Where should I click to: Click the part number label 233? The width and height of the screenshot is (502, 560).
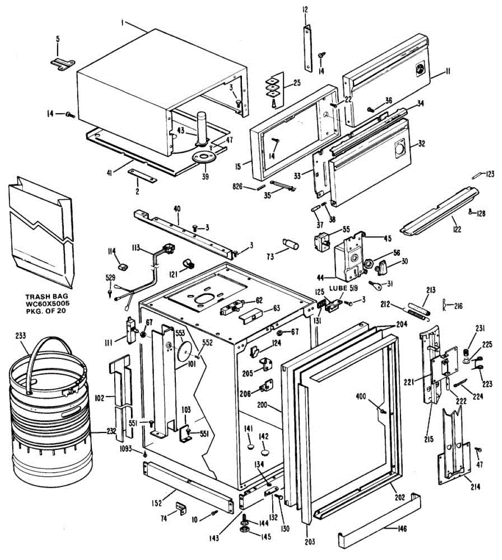point(21,335)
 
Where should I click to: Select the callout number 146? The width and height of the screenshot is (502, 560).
point(402,529)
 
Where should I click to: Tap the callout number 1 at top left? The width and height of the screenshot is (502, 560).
point(122,22)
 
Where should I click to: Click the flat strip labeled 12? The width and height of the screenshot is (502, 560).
point(308,48)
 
